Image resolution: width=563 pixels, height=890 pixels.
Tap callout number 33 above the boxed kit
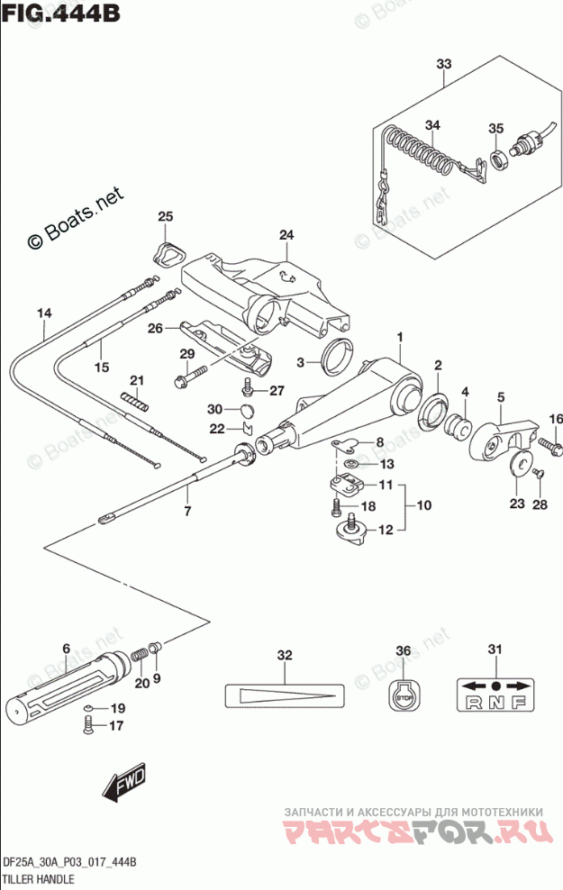[x=442, y=64]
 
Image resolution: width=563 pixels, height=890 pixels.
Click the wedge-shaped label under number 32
[x=285, y=696]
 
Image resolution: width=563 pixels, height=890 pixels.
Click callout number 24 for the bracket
[x=286, y=236]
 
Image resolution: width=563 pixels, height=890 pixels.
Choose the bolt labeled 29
[x=191, y=378]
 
